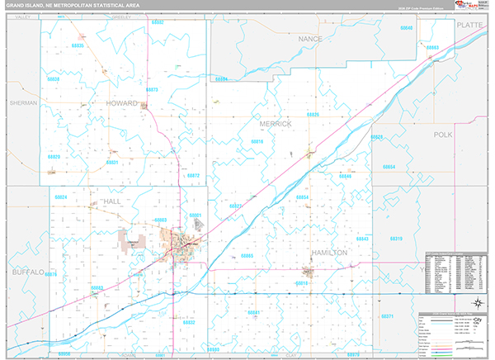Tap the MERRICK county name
pyautogui.click(x=276, y=123)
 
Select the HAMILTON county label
pyautogui.click(x=329, y=252)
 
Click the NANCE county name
pyautogui.click(x=310, y=38)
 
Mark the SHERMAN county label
pyautogui.click(x=24, y=103)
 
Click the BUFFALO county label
pyautogui.click(x=27, y=271)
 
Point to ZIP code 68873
pyautogui.click(x=151, y=88)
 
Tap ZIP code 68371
pyautogui.click(x=388, y=316)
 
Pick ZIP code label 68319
pyautogui.click(x=395, y=239)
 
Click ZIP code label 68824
pyautogui.click(x=60, y=198)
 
